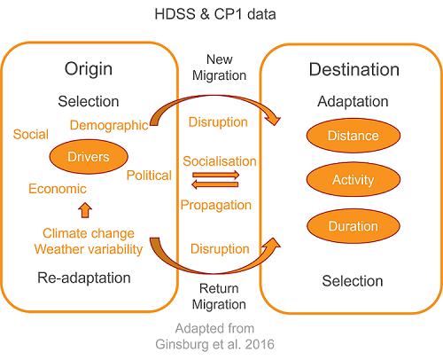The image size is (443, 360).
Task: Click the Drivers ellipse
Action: (x=89, y=157)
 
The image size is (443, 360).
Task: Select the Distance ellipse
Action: (x=354, y=136)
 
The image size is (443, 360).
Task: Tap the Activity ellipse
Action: (x=354, y=179)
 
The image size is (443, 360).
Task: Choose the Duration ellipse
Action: (x=354, y=226)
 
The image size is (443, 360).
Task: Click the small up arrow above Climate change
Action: (x=85, y=210)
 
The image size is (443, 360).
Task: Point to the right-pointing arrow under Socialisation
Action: (x=215, y=175)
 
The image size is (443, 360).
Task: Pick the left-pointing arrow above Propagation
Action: (x=215, y=184)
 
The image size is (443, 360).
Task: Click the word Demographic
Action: (x=109, y=125)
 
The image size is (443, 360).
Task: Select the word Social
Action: (x=31, y=135)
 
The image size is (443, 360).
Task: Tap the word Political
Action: (x=149, y=176)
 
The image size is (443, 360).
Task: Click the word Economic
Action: (x=58, y=189)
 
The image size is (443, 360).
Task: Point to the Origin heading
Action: (x=89, y=69)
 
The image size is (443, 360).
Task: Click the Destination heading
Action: (x=354, y=69)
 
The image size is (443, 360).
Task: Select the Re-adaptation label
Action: (x=84, y=278)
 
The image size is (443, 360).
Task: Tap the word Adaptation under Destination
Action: (x=353, y=102)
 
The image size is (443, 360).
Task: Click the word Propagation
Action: (x=216, y=205)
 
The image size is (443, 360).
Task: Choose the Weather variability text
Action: (x=89, y=249)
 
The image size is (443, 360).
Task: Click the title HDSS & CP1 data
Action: (x=215, y=14)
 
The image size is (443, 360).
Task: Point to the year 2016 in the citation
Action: (x=260, y=344)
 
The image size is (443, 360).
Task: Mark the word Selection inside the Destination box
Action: (x=353, y=281)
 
